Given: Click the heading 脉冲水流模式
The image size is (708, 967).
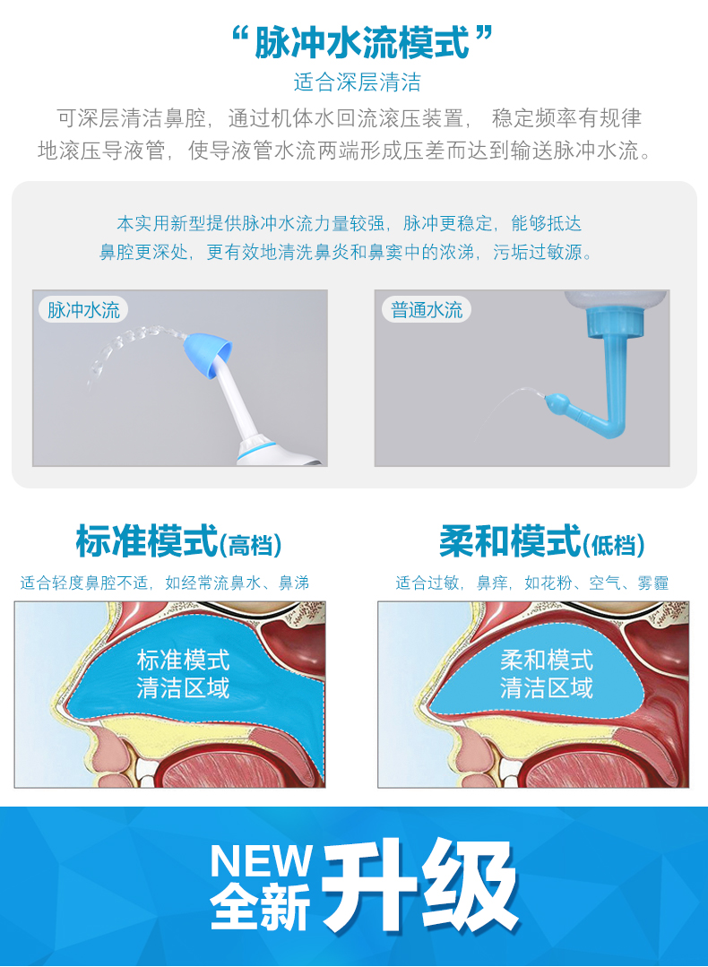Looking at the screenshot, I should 362,42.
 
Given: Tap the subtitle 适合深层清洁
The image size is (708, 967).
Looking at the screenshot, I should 357,83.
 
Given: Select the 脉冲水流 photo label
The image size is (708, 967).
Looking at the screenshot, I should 83,311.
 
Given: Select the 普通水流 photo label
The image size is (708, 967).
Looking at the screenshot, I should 427,311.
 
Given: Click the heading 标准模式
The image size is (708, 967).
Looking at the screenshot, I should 147,542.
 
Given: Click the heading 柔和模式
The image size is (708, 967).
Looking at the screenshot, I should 510,542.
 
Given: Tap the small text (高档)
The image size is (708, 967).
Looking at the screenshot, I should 251,545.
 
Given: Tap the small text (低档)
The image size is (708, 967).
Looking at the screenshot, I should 614,545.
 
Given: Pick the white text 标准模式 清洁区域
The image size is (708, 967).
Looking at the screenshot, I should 183,674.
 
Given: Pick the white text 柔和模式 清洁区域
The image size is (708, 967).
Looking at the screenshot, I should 546,674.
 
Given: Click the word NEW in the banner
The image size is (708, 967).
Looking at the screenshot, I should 261,860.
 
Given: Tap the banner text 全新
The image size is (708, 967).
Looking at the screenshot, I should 261,907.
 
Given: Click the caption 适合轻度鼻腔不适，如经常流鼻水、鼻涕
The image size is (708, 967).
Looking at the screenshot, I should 165,583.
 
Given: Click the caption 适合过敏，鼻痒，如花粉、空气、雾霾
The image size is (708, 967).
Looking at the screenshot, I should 532,583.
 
